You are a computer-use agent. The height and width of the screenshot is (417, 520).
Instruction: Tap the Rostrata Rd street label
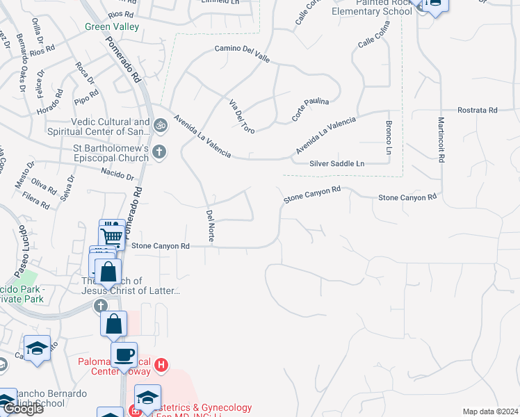pos(478,110)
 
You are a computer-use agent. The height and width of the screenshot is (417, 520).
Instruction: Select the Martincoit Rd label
pos(441,139)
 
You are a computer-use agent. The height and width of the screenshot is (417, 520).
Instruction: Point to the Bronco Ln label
pos(389,138)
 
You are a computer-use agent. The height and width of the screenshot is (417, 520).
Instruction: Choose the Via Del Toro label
pos(243,116)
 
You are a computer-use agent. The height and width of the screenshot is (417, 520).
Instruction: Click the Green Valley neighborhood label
pos(112,26)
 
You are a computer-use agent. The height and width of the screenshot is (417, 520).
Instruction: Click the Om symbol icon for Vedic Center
pos(160,126)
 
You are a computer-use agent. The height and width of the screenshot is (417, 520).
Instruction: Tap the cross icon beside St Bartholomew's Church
pos(159,151)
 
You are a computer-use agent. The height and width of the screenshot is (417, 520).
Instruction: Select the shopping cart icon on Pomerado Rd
pos(111,236)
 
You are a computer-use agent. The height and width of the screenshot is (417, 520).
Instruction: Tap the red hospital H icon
pos(161,363)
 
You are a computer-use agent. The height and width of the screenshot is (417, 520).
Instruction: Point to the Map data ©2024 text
pos(489,411)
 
